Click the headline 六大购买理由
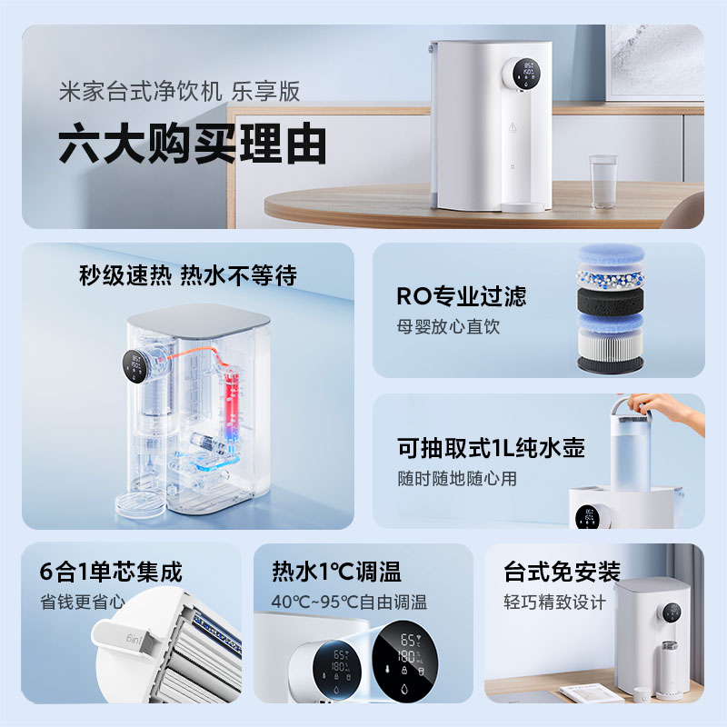coord(192,144)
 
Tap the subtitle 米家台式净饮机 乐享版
coord(178,93)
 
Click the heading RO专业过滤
coord(461,296)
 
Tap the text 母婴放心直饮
coord(448,326)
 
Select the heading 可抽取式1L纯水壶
coord(490,448)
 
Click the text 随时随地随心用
coord(456,478)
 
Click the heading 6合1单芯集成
coord(111,572)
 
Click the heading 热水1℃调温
coord(336,572)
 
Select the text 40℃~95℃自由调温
coord(349,602)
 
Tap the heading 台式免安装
coord(562,572)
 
